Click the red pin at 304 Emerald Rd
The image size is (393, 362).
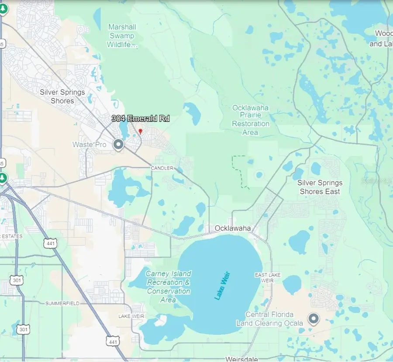140,131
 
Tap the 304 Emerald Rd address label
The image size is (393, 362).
140,118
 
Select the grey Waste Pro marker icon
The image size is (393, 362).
118,145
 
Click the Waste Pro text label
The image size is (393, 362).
89,145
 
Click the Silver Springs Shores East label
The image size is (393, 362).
320,187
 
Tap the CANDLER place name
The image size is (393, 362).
162,168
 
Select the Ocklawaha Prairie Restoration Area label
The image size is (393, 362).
251,120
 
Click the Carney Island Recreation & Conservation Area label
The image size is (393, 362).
168,286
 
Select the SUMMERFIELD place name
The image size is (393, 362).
62,303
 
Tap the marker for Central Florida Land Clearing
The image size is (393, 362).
314,319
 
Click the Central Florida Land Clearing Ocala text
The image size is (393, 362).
269,319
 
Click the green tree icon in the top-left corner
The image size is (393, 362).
3,8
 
